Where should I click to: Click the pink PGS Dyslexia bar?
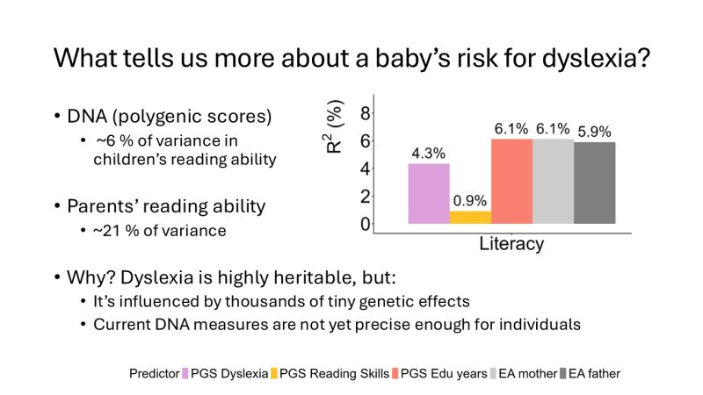pyautogui.click(x=429, y=194)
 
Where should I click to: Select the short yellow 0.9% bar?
pyautogui.click(x=470, y=218)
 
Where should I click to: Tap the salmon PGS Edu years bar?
pyautogui.click(x=511, y=182)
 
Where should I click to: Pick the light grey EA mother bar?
pyautogui.click(x=553, y=182)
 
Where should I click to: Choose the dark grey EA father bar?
pyautogui.click(x=595, y=183)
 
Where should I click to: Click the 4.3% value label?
pyautogui.click(x=429, y=154)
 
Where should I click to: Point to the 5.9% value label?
pyautogui.click(x=595, y=132)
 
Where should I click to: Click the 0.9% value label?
pyautogui.click(x=470, y=201)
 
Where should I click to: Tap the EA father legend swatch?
pyautogui.click(x=562, y=373)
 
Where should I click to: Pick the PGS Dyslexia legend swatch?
pyautogui.click(x=185, y=373)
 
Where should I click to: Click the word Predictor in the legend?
pyautogui.click(x=154, y=373)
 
